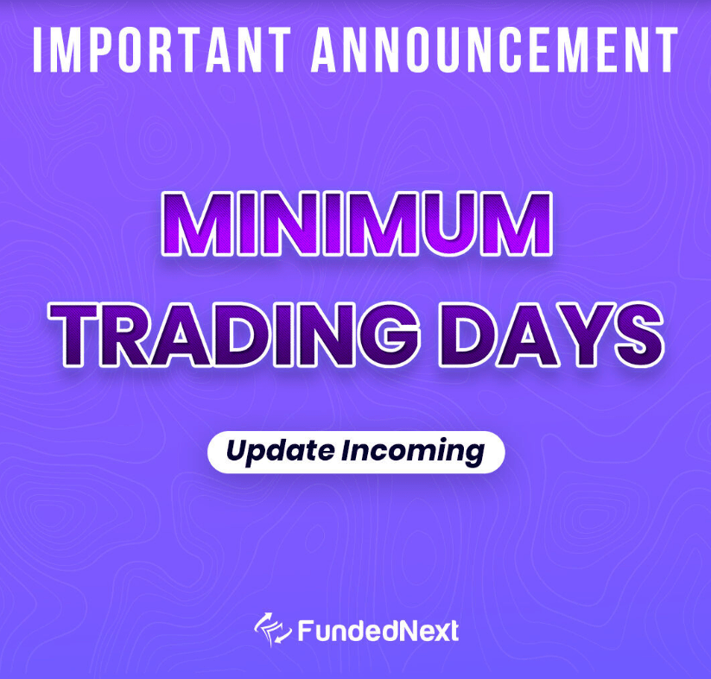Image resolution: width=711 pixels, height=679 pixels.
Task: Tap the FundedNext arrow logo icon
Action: [272, 630]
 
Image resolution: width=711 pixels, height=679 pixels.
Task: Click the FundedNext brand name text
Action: [378, 631]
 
